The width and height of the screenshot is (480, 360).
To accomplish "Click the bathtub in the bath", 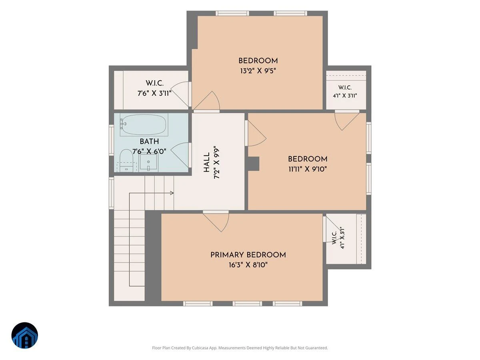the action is [x=144, y=124].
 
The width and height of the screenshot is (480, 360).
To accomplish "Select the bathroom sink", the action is [x=148, y=162].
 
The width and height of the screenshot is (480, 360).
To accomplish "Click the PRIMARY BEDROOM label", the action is [x=248, y=255].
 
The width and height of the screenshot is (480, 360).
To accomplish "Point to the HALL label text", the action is [x=207, y=162].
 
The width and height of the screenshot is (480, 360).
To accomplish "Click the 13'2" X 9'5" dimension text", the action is [x=258, y=71].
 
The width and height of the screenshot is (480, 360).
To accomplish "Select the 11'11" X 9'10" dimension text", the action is [x=308, y=169].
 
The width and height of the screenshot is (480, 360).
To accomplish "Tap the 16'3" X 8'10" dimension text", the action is [x=248, y=265].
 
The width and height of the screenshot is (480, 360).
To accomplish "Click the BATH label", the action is [x=149, y=142].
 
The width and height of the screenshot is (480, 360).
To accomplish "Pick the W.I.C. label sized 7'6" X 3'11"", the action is [x=155, y=83].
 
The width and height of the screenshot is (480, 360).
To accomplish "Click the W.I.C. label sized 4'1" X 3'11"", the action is [x=345, y=88].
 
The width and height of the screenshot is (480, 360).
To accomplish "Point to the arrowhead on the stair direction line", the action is [x=172, y=193].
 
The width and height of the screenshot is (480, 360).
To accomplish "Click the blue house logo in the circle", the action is [x=25, y=335].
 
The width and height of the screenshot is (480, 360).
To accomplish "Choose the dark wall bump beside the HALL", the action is [x=253, y=164].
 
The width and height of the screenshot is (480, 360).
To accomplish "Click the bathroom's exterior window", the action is [x=111, y=140].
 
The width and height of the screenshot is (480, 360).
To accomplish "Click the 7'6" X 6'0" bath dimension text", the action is [x=149, y=151].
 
